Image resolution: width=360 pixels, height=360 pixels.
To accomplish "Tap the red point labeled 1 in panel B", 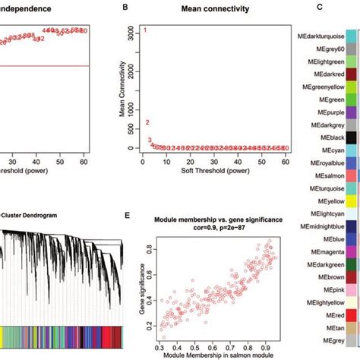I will click(145, 30).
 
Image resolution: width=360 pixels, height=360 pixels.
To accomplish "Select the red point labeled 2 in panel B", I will click(147, 122).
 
